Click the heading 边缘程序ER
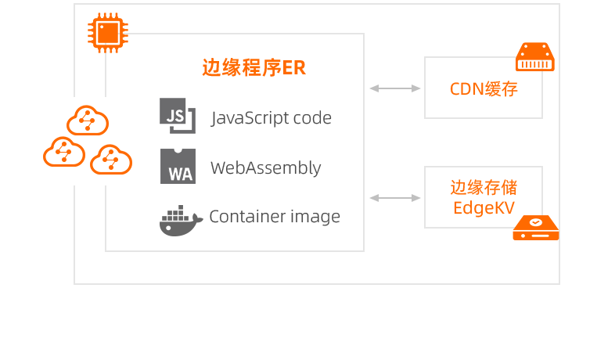254,68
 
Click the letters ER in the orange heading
294,68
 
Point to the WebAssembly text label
266,167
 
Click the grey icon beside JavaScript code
178,116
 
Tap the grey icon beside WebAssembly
178,166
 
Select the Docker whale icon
181,220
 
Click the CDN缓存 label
484,88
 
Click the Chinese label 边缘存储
484,188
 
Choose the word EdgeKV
484,208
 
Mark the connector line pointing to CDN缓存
395,88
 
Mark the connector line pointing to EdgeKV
395,198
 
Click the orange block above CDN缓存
535,56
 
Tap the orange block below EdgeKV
535,227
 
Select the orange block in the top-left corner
108,33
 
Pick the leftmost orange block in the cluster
63,151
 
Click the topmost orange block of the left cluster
88,120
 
